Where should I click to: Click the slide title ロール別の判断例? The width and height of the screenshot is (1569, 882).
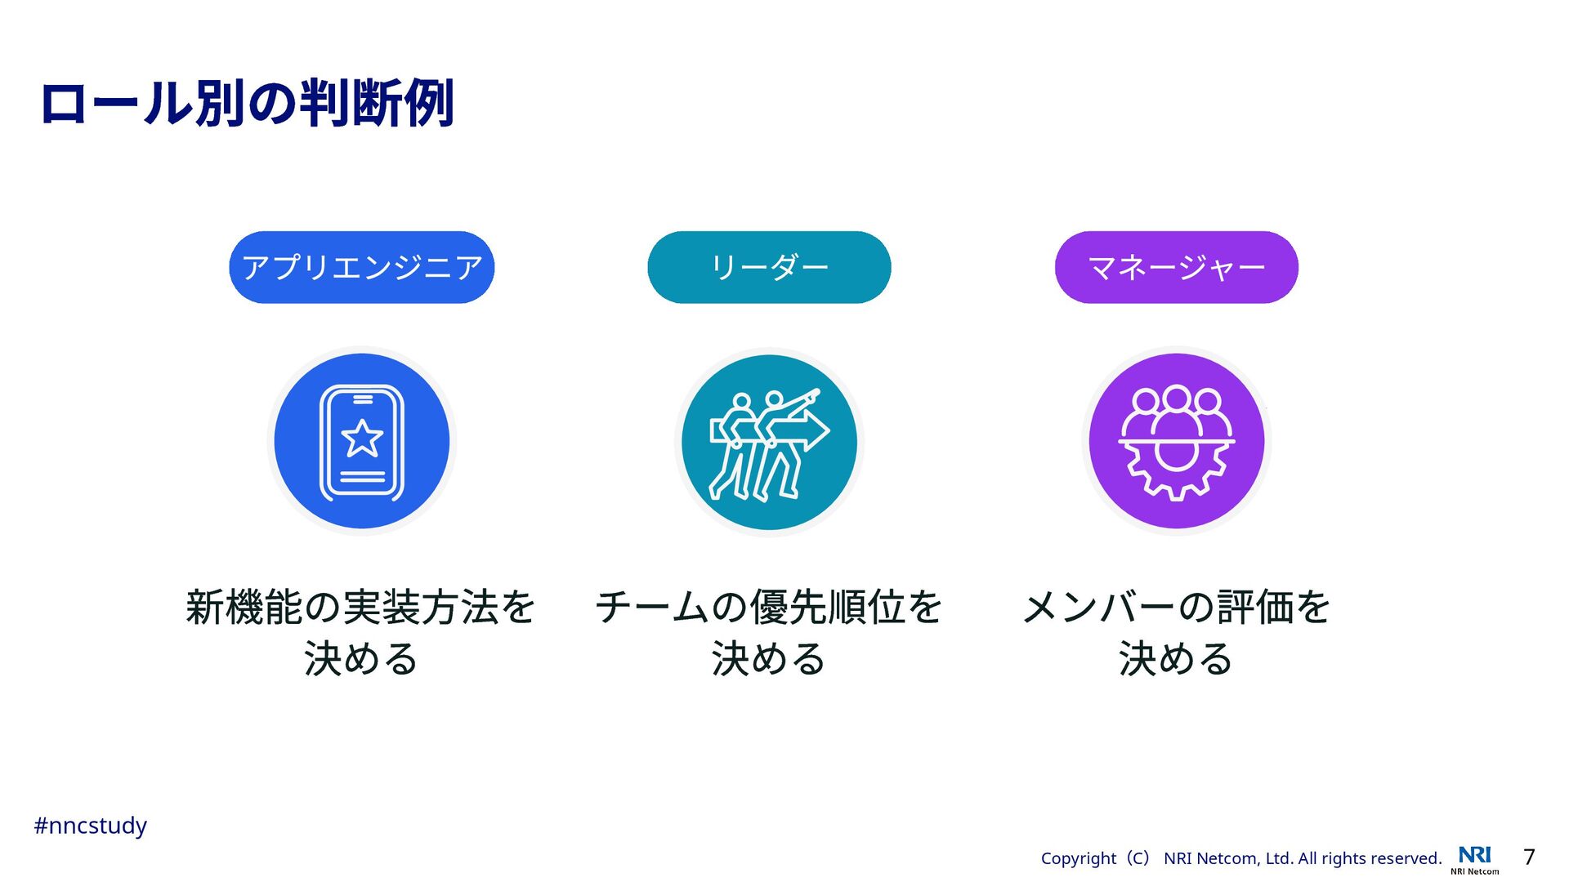(x=247, y=104)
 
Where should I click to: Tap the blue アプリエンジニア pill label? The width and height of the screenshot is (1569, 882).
(x=362, y=267)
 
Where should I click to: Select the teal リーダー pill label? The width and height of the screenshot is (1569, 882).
(x=769, y=267)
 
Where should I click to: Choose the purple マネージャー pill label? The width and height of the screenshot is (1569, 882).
(x=1176, y=267)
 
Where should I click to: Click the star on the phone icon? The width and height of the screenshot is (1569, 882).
(x=362, y=439)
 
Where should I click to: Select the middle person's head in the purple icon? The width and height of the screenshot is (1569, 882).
(x=1176, y=399)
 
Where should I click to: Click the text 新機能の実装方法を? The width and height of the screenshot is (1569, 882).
(x=360, y=607)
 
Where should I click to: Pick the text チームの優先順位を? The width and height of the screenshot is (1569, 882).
(x=769, y=607)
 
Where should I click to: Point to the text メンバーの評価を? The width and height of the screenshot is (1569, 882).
(x=1176, y=607)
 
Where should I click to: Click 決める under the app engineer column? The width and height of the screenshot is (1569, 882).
(x=360, y=659)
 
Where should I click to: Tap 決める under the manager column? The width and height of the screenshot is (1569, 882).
(x=1176, y=659)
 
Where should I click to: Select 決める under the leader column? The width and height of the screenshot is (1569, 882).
(x=769, y=659)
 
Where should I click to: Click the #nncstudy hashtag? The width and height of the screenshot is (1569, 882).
(x=90, y=826)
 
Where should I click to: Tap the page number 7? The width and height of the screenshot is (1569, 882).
(x=1529, y=857)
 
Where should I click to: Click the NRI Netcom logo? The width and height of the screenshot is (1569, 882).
(x=1475, y=859)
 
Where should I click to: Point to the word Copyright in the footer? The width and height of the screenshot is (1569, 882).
(x=1078, y=858)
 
